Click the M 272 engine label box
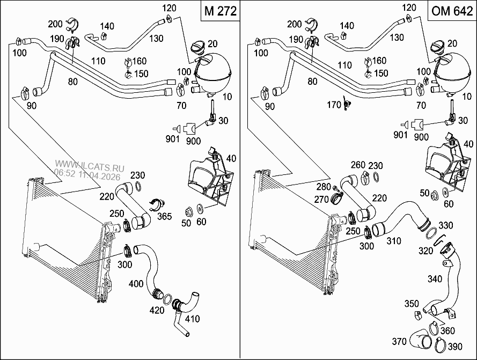point(221,11)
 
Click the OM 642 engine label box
point(452,11)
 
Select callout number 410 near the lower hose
point(192,319)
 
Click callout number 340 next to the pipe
point(436,278)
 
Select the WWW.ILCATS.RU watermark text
point(89,167)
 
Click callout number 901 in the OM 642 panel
point(400,135)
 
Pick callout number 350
point(411,304)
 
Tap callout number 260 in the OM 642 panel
point(358,165)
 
